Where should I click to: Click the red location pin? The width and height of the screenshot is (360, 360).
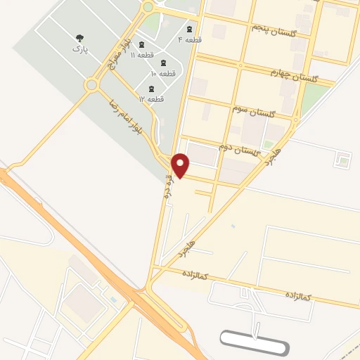(x=181, y=165)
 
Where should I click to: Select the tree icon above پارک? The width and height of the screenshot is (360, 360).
(x=78, y=39)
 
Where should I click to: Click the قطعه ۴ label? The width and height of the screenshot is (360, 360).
(x=193, y=39)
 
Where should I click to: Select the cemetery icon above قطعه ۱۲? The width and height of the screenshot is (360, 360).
(x=151, y=89)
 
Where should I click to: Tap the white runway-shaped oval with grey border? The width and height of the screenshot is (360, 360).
(x=254, y=342)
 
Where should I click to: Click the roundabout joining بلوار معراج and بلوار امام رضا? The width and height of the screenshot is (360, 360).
(x=91, y=86)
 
